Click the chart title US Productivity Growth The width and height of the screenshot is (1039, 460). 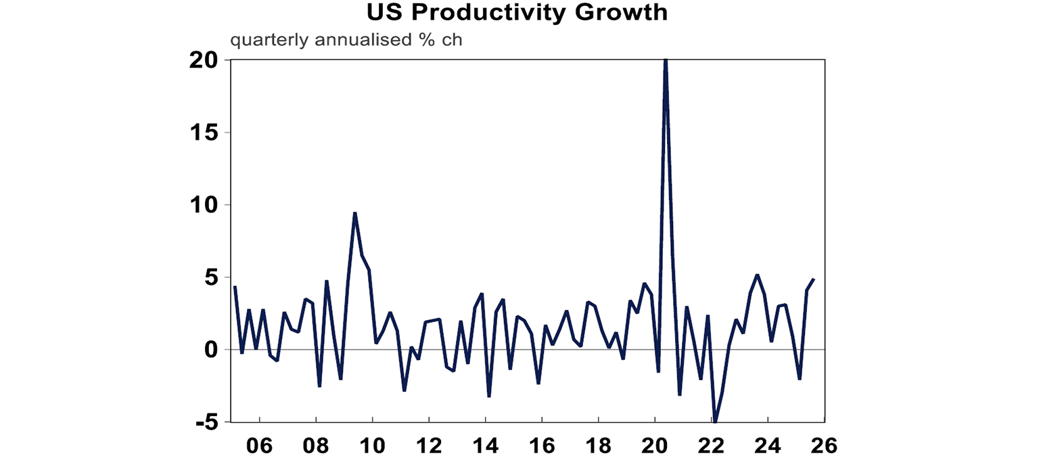(x=517, y=12)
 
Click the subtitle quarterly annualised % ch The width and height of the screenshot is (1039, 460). (x=346, y=39)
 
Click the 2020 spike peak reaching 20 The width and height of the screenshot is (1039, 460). (x=666, y=61)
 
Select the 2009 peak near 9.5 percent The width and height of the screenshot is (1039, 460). (x=354, y=213)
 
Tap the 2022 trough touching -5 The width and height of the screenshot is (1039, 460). (x=715, y=421)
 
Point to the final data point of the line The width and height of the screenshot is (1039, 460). (x=814, y=279)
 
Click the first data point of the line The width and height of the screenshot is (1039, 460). (x=234, y=286)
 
